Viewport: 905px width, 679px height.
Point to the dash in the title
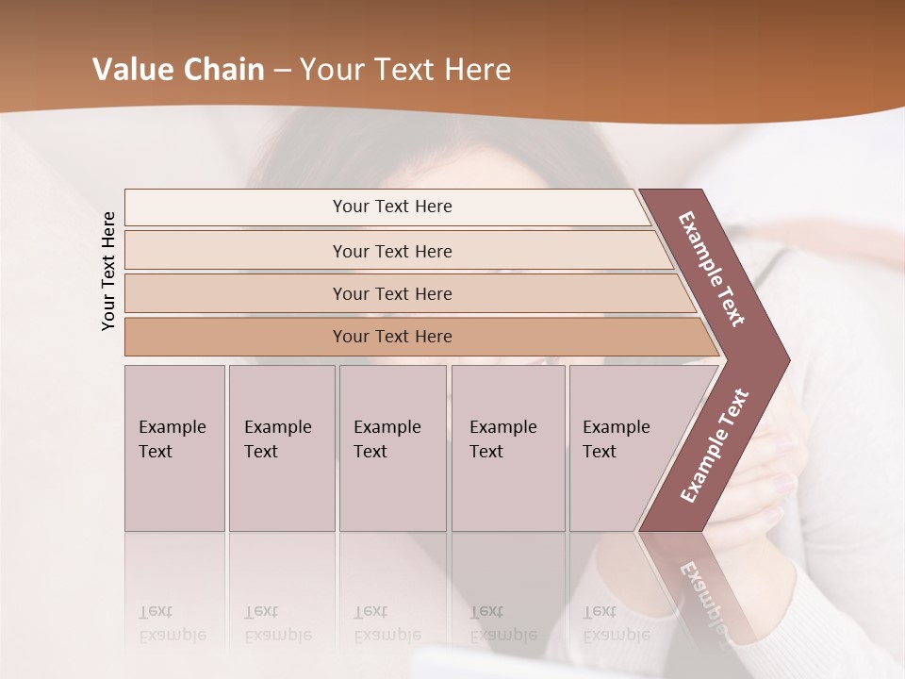(282, 71)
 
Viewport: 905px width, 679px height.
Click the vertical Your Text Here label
(108, 271)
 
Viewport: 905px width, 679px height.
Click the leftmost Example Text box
(174, 448)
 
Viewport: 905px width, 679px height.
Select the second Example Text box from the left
(282, 448)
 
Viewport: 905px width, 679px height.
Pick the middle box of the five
(392, 448)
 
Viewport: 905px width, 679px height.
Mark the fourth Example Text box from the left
(508, 448)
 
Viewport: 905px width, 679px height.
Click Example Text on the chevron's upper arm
(712, 269)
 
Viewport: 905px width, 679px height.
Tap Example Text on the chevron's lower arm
(714, 445)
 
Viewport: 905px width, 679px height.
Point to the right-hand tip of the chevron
(788, 359)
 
